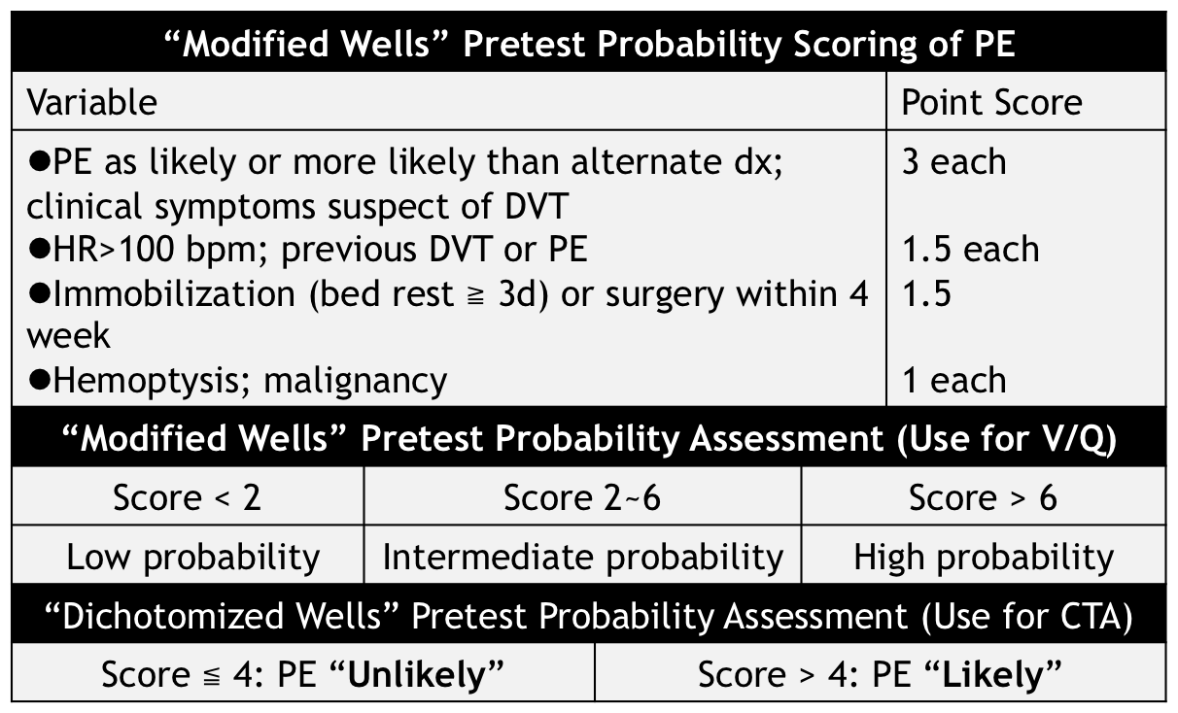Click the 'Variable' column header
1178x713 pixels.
point(92,102)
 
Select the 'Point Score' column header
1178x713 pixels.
point(991,102)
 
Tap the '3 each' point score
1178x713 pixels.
point(954,161)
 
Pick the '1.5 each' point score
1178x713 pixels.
point(971,249)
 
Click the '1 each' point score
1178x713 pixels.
point(954,380)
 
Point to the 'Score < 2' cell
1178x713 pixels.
point(187,497)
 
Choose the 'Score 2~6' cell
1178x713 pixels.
point(581,497)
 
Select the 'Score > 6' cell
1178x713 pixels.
point(983,497)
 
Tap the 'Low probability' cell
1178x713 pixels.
point(193,558)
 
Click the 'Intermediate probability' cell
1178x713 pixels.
point(583,558)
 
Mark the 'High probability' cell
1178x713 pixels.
point(984,558)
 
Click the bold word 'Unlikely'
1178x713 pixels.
point(416,676)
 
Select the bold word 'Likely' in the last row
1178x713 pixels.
point(992,676)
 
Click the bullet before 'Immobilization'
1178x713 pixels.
point(40,292)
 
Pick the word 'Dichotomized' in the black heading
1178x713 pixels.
point(172,616)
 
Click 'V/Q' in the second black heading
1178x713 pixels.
point(1057,439)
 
